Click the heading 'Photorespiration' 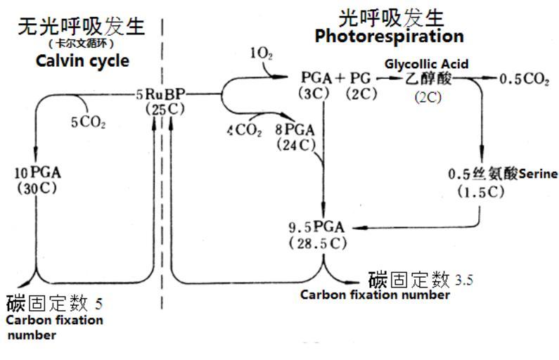pyautogui.click(x=389, y=36)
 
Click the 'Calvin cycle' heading pyautogui.click(x=82, y=61)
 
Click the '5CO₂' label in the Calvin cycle pyautogui.click(x=88, y=122)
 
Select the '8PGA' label pyautogui.click(x=295, y=129)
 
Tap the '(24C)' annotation pyautogui.click(x=296, y=146)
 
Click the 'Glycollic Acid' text pyautogui.click(x=426, y=64)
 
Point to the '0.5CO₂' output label pyautogui.click(x=524, y=79)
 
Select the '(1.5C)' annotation pyautogui.click(x=480, y=191)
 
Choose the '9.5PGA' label pyautogui.click(x=317, y=227)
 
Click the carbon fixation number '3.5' pyautogui.click(x=464, y=281)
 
